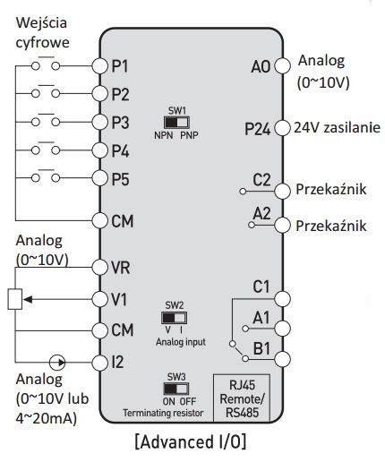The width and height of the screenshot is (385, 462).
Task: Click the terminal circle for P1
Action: (x=99, y=65)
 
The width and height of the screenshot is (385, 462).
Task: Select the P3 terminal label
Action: (x=121, y=122)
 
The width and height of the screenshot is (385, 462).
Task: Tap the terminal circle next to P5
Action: (x=99, y=177)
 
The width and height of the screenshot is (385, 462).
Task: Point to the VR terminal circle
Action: (x=99, y=267)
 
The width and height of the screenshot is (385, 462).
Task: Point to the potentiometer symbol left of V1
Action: (x=14, y=298)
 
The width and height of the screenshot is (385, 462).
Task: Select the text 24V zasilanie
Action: (x=336, y=128)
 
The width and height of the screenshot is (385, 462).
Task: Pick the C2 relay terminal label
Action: (x=261, y=180)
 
